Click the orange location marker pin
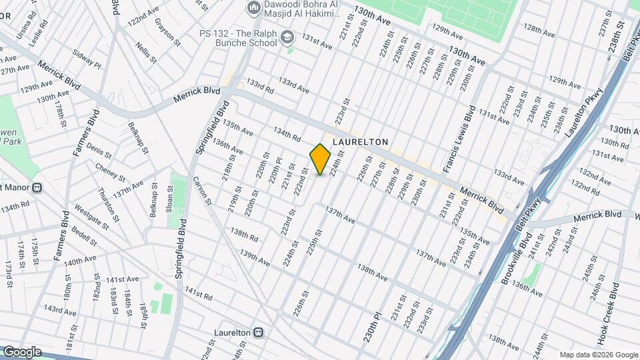(320, 159)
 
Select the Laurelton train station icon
(258, 332)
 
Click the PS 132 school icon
(287, 37)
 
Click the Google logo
(21, 351)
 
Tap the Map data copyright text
(598, 355)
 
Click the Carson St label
(201, 190)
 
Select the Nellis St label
(145, 52)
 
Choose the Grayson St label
(169, 31)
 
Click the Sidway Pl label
(87, 57)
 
